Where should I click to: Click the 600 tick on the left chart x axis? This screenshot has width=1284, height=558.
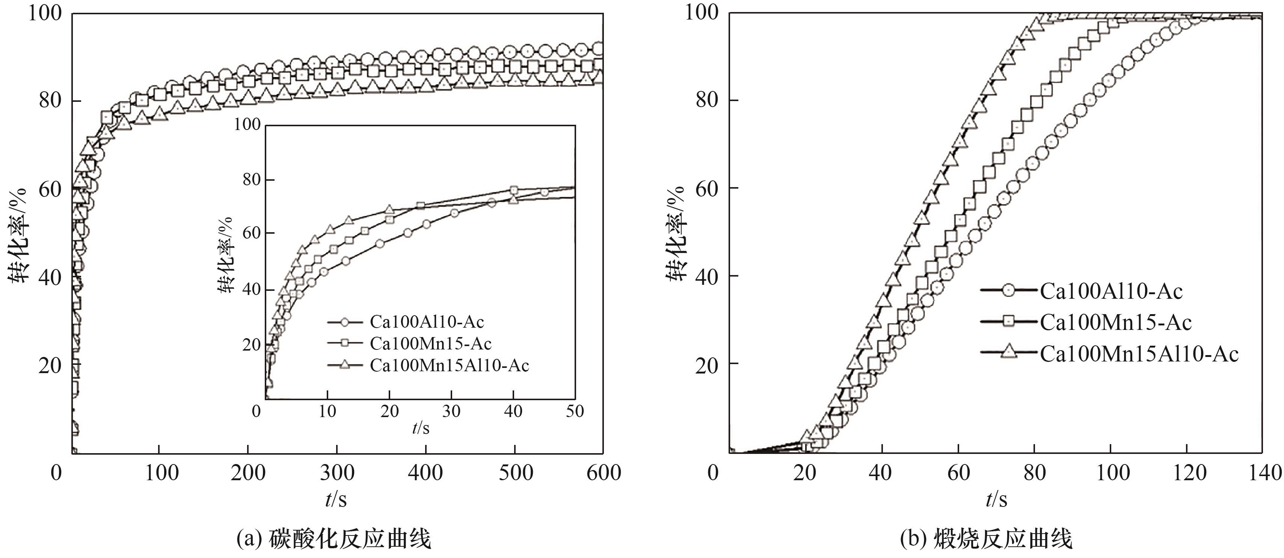pyautogui.click(x=603, y=473)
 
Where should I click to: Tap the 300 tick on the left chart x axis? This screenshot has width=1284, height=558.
pyautogui.click(x=337, y=473)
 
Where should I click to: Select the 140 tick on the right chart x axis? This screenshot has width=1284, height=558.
pyautogui.click(x=1264, y=473)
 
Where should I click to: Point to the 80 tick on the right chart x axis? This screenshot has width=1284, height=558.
pyautogui.click(x=1034, y=473)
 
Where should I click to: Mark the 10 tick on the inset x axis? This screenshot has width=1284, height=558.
pyautogui.click(x=327, y=411)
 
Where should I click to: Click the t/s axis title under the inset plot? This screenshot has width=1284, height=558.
pyautogui.click(x=420, y=428)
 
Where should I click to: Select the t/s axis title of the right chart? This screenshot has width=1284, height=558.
pyautogui.click(x=996, y=499)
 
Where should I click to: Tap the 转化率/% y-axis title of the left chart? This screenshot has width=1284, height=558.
pyautogui.click(x=18, y=234)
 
